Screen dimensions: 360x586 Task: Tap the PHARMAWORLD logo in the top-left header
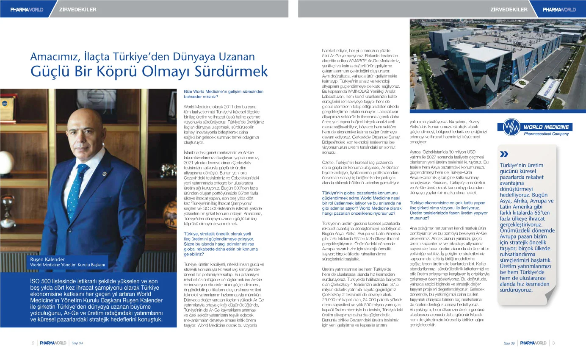(27, 9)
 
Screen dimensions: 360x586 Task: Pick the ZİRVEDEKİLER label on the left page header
(78, 9)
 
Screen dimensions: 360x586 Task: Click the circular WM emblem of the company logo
(510, 127)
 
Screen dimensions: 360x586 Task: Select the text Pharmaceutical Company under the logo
(546, 134)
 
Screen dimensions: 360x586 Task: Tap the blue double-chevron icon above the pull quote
(504, 154)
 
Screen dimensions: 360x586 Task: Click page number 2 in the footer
(33, 343)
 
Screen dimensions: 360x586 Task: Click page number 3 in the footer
(553, 343)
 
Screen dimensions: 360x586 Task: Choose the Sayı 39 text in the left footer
(77, 343)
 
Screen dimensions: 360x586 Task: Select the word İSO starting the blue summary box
(36, 281)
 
